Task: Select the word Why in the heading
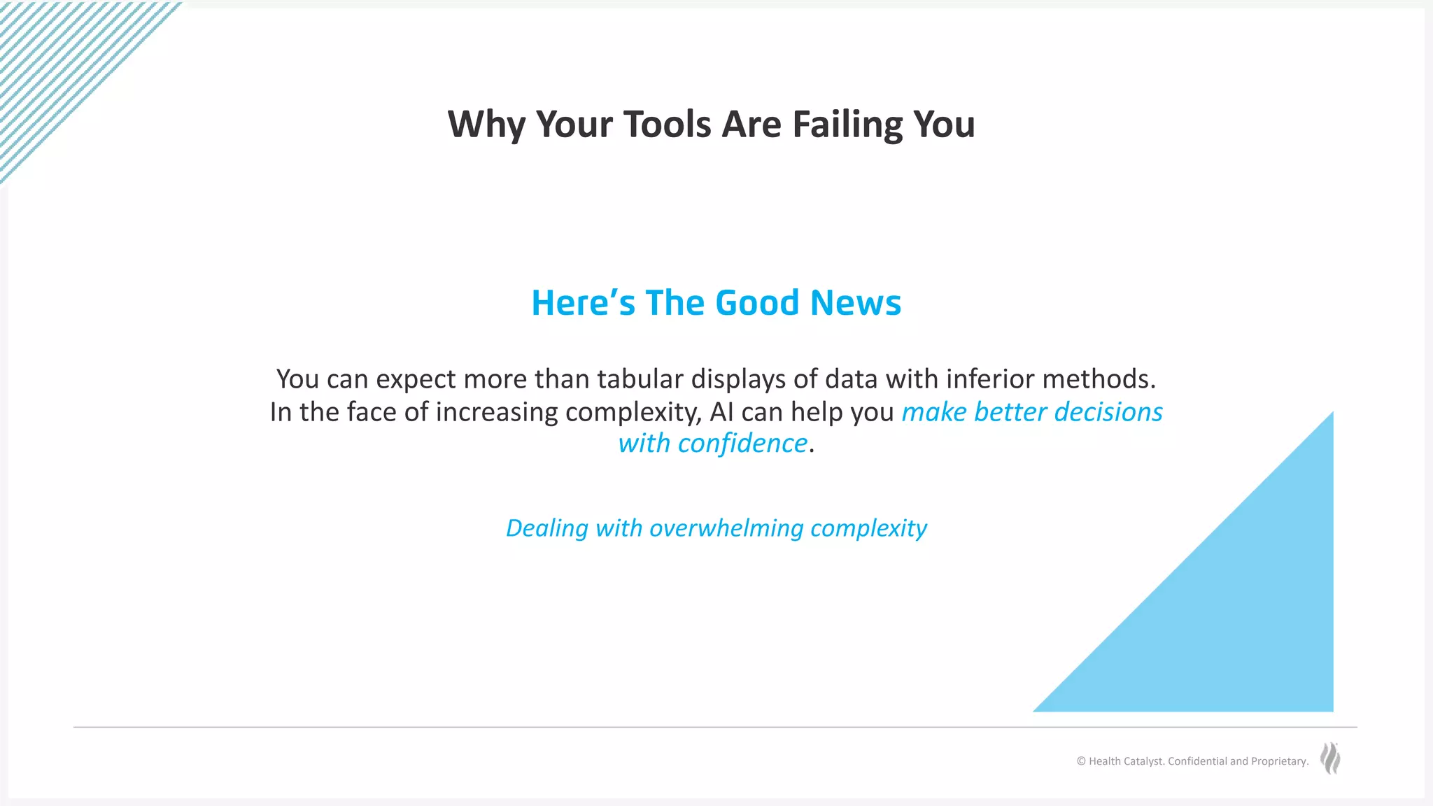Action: pyautogui.click(x=486, y=125)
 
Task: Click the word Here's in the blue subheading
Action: pyautogui.click(x=583, y=303)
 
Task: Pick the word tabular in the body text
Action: pyautogui.click(x=640, y=379)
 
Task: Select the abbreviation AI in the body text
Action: pyautogui.click(x=721, y=412)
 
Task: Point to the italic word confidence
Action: pyautogui.click(x=742, y=444)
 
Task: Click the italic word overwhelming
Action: pyautogui.click(x=726, y=528)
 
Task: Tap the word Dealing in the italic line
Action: pyautogui.click(x=546, y=528)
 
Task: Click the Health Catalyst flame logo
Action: pyautogui.click(x=1330, y=758)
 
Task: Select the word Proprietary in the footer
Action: pyautogui.click(x=1279, y=761)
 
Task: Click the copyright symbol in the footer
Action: pyautogui.click(x=1081, y=761)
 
